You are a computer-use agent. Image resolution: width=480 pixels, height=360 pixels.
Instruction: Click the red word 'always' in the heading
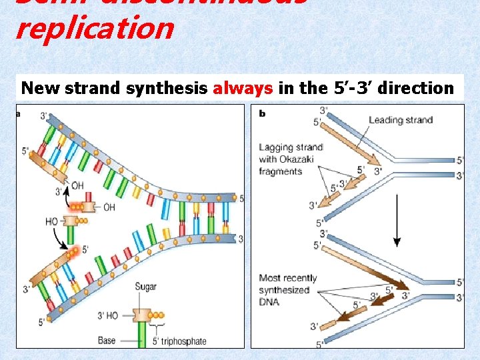pyautogui.click(x=243, y=88)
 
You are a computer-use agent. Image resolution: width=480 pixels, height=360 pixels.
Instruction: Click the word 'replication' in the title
pyautogui.click(x=94, y=29)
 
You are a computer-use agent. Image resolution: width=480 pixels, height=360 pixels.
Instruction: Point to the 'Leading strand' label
pyautogui.click(x=400, y=120)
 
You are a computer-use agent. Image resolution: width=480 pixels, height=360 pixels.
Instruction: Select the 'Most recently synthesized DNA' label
pyautogui.click(x=287, y=290)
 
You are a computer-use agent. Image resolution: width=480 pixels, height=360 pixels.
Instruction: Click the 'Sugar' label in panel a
pyautogui.click(x=145, y=287)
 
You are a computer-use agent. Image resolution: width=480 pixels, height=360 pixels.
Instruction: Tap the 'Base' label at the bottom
pyautogui.click(x=107, y=341)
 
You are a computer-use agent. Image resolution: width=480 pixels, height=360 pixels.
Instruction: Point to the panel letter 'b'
pyautogui.click(x=262, y=113)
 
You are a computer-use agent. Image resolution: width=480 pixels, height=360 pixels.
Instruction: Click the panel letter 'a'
pyautogui.click(x=19, y=113)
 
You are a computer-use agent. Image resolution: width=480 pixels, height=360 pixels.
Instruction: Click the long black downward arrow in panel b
pyautogui.click(x=397, y=219)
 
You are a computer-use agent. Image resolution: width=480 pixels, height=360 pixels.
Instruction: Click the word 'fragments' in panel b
pyautogui.click(x=281, y=171)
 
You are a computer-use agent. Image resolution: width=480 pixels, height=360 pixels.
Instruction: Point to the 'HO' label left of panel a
pyautogui.click(x=51, y=220)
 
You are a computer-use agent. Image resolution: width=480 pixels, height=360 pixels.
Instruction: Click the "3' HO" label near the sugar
pyautogui.click(x=108, y=315)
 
